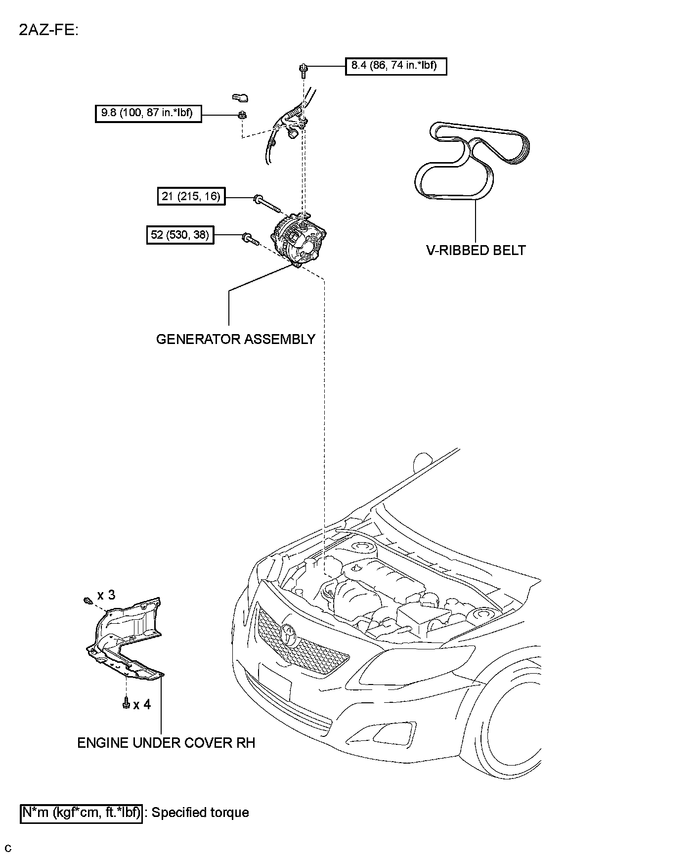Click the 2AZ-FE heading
[x=48, y=30]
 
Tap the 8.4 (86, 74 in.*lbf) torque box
[x=395, y=65]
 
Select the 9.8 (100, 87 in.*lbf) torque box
[x=148, y=113]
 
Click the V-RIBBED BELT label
[x=476, y=250]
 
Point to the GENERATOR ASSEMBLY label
[x=235, y=339]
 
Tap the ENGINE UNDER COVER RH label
[x=166, y=743]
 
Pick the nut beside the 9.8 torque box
[x=242, y=116]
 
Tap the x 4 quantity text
[x=142, y=704]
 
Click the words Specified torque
[x=200, y=813]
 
